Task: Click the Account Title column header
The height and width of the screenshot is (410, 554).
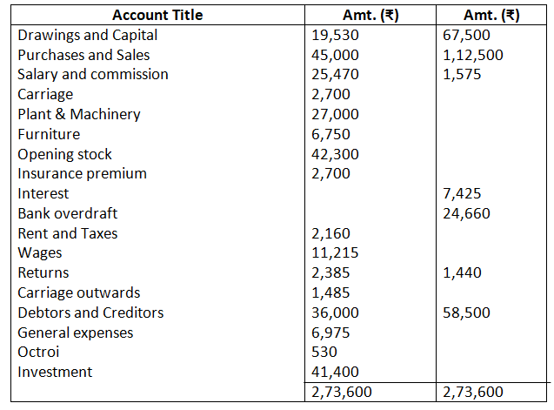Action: click(x=158, y=15)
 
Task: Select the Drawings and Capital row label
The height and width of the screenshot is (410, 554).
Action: click(x=88, y=35)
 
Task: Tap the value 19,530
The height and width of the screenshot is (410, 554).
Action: click(x=335, y=35)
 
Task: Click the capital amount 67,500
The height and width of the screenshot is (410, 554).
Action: click(x=466, y=35)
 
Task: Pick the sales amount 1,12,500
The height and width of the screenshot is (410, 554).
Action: click(x=472, y=55)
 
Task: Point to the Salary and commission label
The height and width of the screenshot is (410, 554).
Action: click(x=93, y=74)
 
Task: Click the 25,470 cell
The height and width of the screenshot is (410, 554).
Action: click(x=335, y=74)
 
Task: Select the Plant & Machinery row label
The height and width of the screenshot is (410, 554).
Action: click(x=79, y=114)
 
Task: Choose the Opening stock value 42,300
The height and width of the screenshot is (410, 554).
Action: click(x=335, y=154)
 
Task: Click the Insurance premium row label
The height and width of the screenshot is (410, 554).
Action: click(x=82, y=173)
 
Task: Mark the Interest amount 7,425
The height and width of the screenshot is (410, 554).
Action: click(x=462, y=193)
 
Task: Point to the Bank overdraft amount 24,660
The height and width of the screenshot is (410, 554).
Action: click(x=466, y=213)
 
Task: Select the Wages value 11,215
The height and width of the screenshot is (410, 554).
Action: click(x=335, y=253)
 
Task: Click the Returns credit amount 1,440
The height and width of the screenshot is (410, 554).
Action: click(x=462, y=272)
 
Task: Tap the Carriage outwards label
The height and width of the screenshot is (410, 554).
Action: click(x=78, y=292)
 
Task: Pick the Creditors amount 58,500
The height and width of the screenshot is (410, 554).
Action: click(x=466, y=313)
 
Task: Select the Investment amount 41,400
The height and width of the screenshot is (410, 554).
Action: click(x=335, y=372)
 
